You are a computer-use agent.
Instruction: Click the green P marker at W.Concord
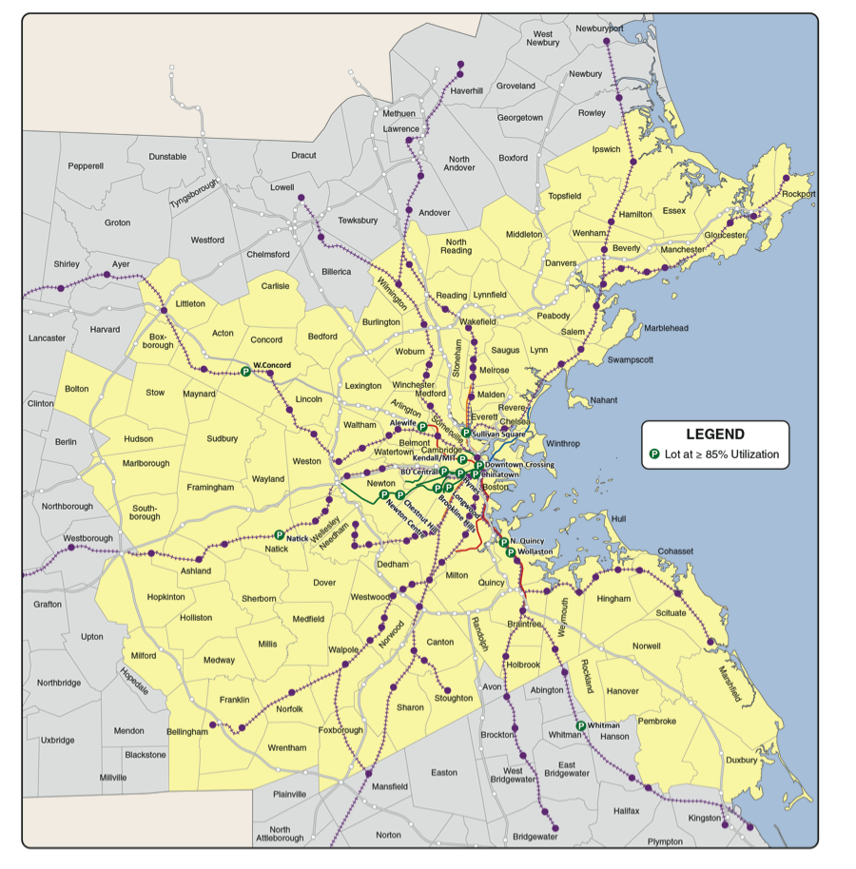pos(245,372)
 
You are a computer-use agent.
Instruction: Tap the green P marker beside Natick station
pos(279,535)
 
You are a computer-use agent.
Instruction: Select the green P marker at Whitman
pos(581,725)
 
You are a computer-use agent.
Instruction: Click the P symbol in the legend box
pos(654,454)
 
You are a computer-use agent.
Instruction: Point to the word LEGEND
pos(715,434)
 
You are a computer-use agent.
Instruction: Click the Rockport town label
pos(800,194)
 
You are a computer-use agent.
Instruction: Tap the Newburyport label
pos(600,29)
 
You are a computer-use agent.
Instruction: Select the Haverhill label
pos(467,90)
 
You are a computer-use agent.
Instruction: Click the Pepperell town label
pos(86,165)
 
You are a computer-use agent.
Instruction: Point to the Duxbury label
pos(741,761)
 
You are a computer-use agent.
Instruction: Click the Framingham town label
pos(211,488)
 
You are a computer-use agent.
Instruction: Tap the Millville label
pos(113,777)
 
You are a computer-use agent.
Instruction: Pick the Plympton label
pos(665,841)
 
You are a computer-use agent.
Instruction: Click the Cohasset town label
pos(675,550)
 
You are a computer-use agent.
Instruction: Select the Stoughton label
pos(453,698)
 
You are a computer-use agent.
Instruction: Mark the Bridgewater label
pos(535,837)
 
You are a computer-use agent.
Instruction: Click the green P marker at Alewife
pos(422,428)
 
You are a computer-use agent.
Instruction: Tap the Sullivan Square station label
pos(499,434)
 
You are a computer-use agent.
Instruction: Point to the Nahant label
pos(605,400)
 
